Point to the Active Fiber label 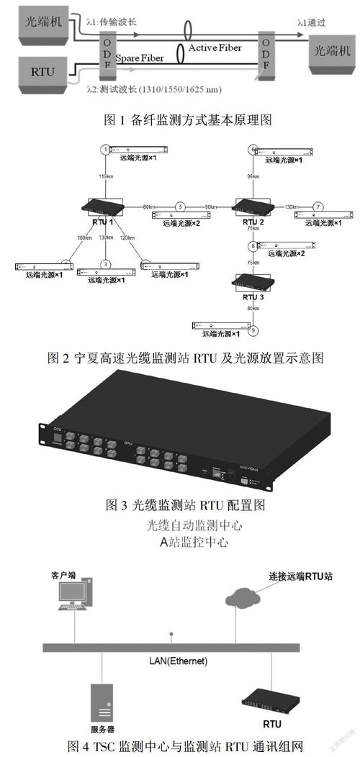tap(215, 48)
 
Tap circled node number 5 tap(181, 207)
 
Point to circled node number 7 tap(318, 207)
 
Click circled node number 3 tap(105, 263)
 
